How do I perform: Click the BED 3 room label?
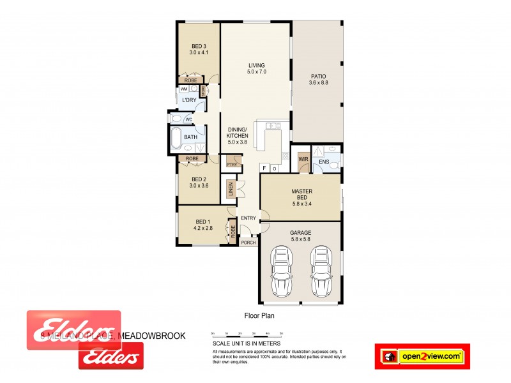tap(199, 50)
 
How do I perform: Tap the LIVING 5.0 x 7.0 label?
tap(256, 69)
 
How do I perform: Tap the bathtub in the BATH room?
tap(175, 137)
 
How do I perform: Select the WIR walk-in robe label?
tap(303, 160)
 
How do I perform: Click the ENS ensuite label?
tap(324, 162)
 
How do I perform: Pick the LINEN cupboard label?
tap(230, 190)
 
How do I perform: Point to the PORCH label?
tap(248, 243)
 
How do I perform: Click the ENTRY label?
tap(248, 218)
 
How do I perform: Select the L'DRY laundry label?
tap(189, 101)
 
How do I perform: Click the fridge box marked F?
tap(264, 168)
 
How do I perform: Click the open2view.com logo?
tap(422, 356)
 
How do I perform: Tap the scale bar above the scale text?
tap(247, 334)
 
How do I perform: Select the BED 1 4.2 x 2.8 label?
tap(203, 224)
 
